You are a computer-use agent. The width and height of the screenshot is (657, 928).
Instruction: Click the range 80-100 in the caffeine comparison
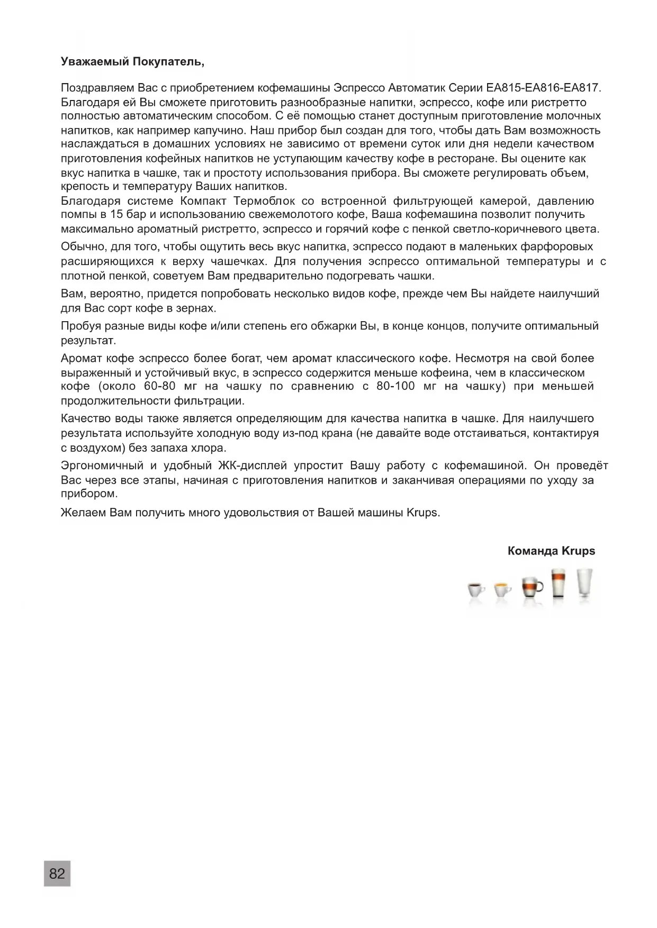tap(395, 386)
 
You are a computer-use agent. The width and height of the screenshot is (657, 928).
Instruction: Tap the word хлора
tap(211, 448)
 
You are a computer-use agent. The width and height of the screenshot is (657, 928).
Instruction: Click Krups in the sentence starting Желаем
tap(422, 513)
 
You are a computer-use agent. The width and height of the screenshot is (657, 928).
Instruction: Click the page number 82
tap(57, 874)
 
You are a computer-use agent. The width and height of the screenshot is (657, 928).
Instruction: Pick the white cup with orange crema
tap(501, 589)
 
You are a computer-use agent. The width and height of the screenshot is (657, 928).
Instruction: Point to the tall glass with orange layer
tap(558, 584)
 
